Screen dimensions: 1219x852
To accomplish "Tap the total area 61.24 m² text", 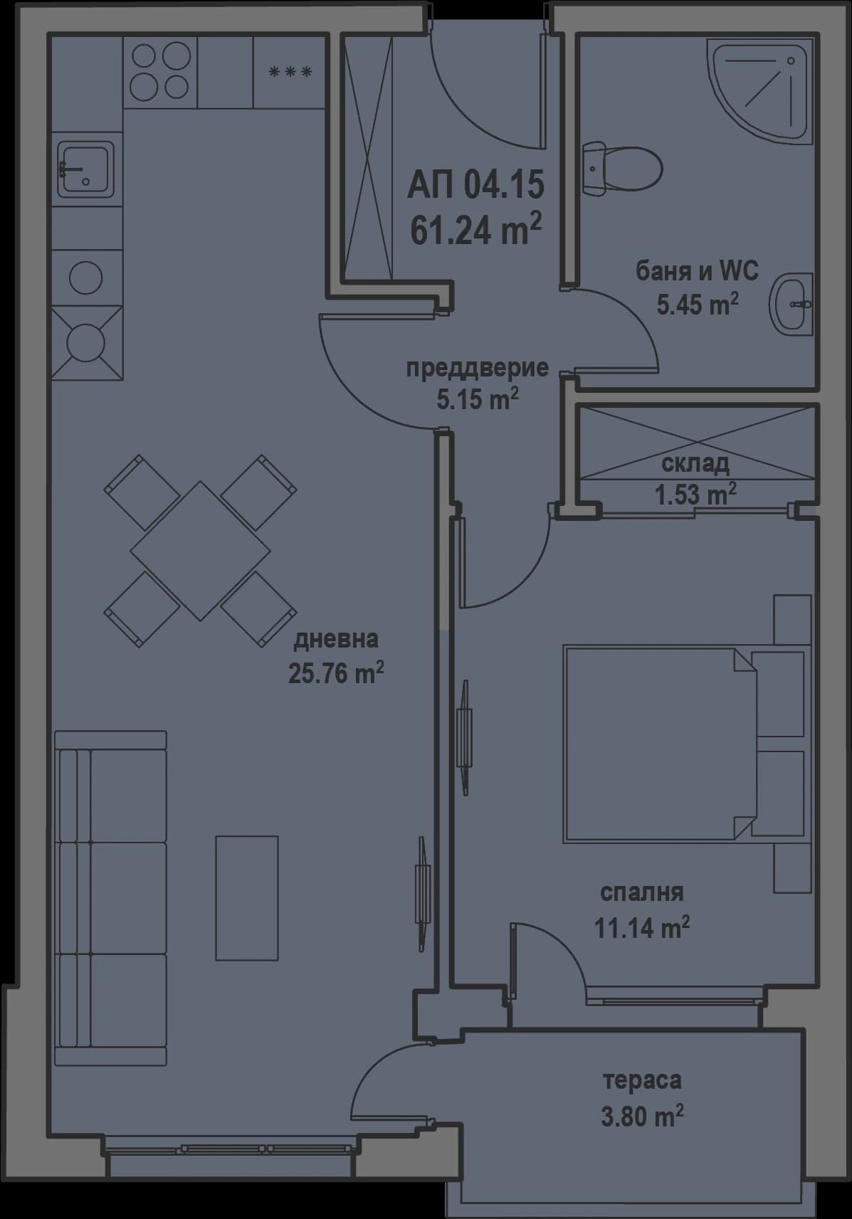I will pyautogui.click(x=475, y=231).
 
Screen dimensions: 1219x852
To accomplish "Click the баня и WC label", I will pyautogui.click(x=696, y=270).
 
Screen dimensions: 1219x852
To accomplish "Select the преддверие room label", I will pyautogui.click(x=477, y=368).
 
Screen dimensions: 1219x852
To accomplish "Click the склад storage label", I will pyautogui.click(x=695, y=464).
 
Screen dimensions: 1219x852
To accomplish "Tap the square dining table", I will pyautogui.click(x=200, y=550).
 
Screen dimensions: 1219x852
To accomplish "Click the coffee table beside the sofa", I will pyautogui.click(x=246, y=898).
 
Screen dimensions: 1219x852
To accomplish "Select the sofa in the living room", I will pyautogui.click(x=110, y=898).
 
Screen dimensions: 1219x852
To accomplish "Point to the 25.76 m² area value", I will pyautogui.click(x=336, y=672).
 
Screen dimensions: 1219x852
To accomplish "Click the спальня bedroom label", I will pyautogui.click(x=641, y=892).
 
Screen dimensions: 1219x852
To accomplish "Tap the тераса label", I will pyautogui.click(x=642, y=1080).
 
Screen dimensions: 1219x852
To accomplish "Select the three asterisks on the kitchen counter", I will pyautogui.click(x=290, y=72).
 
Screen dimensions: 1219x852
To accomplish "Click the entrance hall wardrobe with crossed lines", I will pyautogui.click(x=368, y=158).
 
